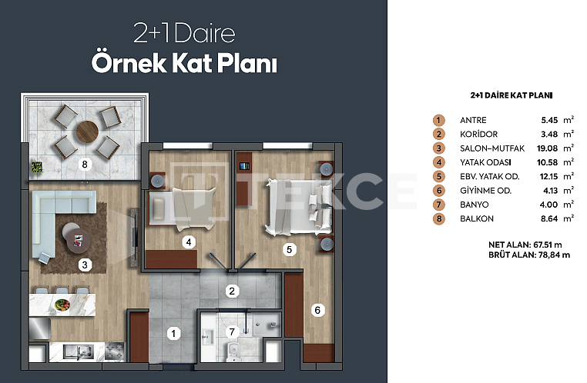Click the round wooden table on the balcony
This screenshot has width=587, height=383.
point(87,132)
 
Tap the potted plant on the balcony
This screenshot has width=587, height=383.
point(37,167)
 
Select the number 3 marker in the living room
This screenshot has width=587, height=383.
point(85,265)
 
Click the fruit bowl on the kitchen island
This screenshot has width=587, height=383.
point(62,305)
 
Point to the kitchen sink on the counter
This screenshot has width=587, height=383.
point(78,351)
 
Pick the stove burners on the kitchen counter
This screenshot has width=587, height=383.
point(114,351)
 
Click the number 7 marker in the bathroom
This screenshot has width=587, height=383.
point(232,331)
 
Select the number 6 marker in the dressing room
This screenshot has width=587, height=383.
point(317,310)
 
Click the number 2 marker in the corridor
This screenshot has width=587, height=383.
point(232,291)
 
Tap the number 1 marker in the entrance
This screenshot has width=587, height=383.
point(173,333)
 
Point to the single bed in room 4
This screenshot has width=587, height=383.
point(183,208)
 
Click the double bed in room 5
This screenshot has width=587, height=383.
point(298,207)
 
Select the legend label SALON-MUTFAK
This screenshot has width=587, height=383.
point(492,148)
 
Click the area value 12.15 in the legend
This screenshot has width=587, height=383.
point(548,176)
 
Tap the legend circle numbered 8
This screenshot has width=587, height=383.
point(439,218)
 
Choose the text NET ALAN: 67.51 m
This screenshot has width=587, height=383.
point(525,245)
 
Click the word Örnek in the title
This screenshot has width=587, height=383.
point(129,62)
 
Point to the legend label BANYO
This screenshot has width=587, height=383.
point(475,205)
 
